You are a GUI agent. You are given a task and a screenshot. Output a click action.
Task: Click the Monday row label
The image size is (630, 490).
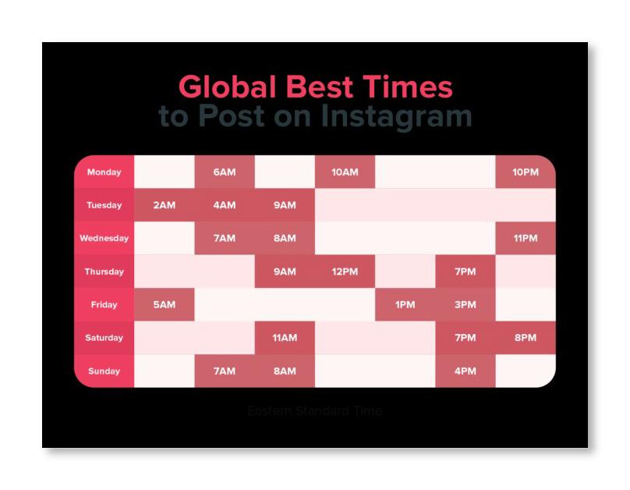[104, 172]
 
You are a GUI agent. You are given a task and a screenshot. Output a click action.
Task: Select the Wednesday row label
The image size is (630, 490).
[104, 239]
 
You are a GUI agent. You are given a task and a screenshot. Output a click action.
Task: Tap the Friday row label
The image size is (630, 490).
[104, 305]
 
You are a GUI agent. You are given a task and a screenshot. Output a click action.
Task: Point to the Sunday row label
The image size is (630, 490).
[104, 371]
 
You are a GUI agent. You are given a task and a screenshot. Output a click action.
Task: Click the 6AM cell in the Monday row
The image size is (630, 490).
[225, 172]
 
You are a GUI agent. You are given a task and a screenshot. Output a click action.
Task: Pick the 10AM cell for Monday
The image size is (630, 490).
[345, 172]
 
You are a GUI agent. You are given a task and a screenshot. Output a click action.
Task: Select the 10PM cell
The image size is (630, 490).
[525, 172]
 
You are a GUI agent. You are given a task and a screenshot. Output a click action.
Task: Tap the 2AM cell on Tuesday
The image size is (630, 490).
[165, 205]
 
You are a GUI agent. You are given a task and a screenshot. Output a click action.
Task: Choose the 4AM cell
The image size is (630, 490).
[225, 205]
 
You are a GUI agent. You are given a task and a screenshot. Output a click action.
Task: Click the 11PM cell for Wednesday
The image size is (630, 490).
[525, 239]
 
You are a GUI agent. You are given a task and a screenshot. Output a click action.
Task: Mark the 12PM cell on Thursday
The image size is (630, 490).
[345, 272]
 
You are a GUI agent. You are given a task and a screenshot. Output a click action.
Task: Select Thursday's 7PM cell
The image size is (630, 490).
[465, 272]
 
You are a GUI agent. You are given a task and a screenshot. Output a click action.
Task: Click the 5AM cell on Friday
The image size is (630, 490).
[165, 305]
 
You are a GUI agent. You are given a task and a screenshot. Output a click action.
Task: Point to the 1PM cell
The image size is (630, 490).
[405, 305]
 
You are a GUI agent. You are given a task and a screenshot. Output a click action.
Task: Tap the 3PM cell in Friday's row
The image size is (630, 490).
[465, 305]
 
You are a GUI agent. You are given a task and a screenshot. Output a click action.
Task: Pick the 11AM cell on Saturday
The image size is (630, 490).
[285, 338]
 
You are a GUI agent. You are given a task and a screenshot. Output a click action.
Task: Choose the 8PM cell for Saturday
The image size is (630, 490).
[525, 338]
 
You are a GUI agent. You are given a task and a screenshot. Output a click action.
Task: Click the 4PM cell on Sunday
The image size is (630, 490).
[465, 371]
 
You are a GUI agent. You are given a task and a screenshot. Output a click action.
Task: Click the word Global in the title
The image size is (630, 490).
[227, 87]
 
